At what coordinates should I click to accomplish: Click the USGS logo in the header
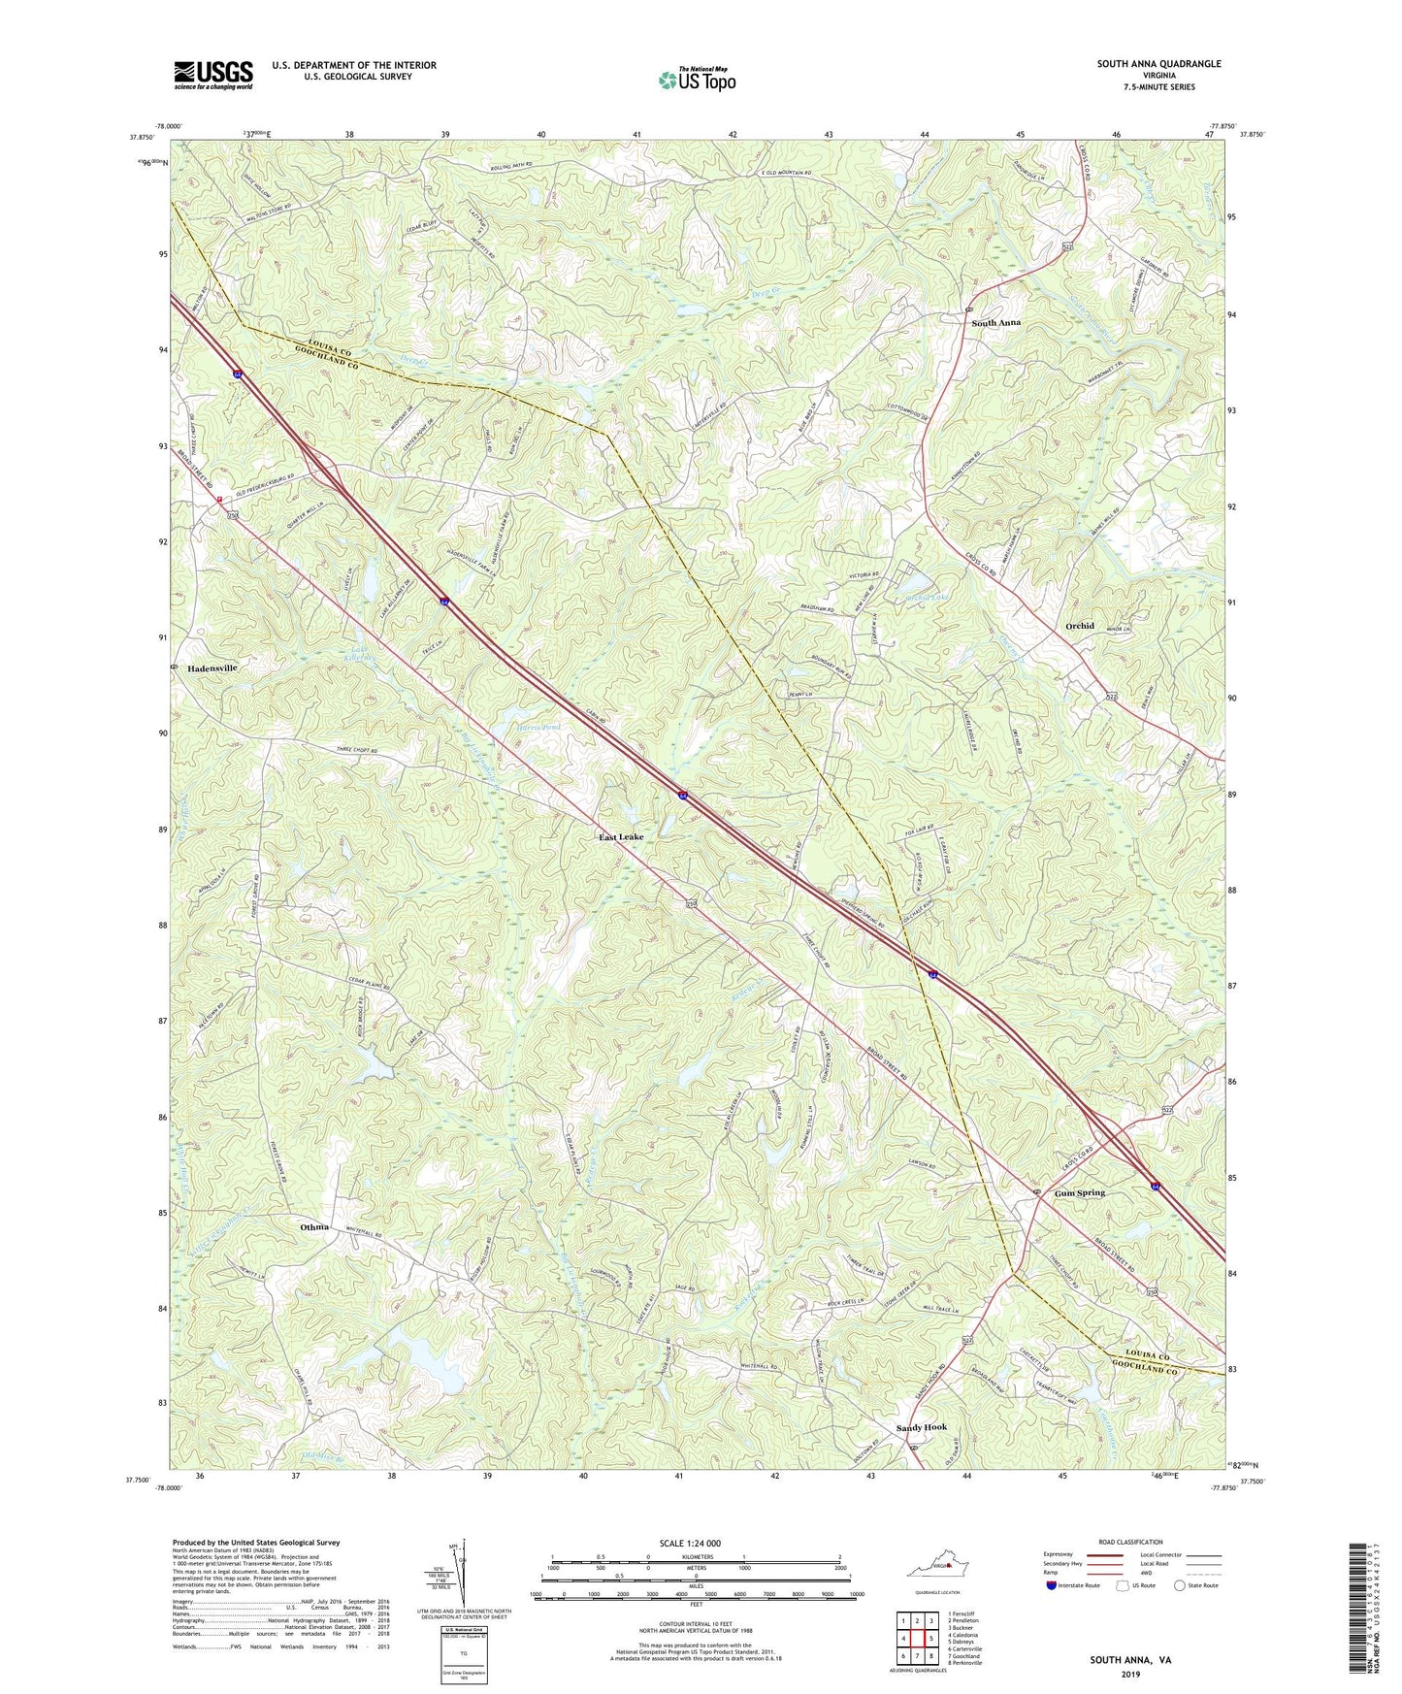pos(213,75)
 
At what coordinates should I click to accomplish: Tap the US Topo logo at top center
pos(696,80)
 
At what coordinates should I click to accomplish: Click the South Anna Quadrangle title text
pos(1158,64)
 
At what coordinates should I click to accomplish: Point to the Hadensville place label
pos(207,668)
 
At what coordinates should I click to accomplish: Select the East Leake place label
pos(621,836)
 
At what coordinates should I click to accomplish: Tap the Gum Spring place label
pos(1080,1193)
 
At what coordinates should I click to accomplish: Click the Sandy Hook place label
pos(921,1427)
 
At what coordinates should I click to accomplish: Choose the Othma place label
pos(314,1227)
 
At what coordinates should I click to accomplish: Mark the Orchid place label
pos(1080,626)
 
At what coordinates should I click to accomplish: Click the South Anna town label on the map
pos(996,322)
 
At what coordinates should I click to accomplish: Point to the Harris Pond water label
pos(538,727)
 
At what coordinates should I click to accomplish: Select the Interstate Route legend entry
pos(1071,1585)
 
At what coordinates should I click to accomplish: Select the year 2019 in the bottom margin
pos(1130,1675)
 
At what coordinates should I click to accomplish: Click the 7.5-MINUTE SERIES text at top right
pos(1158,87)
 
